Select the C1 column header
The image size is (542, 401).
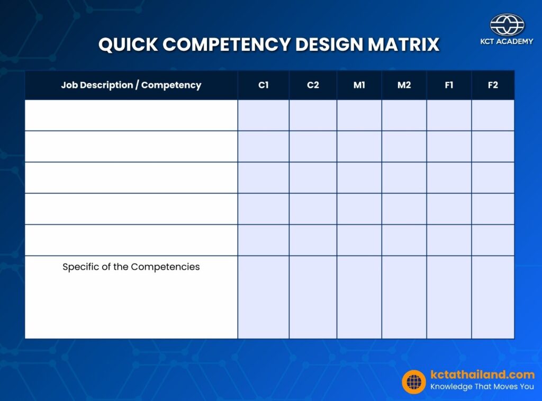pyautogui.click(x=263, y=85)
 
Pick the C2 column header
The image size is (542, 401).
pyautogui.click(x=313, y=85)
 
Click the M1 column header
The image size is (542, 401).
pyautogui.click(x=359, y=85)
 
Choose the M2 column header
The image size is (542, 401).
pyautogui.click(x=404, y=85)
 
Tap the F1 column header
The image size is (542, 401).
pyautogui.click(x=449, y=85)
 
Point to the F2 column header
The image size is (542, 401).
pyautogui.click(x=493, y=85)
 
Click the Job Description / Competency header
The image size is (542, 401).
pyautogui.click(x=131, y=85)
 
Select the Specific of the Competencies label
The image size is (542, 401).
pyautogui.click(x=131, y=267)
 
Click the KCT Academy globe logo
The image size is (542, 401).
pyautogui.click(x=507, y=24)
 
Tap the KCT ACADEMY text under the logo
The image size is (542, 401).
pyautogui.click(x=507, y=41)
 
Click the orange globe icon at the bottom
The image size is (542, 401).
pyautogui.click(x=414, y=381)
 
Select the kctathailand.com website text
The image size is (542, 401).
pyautogui.click(x=482, y=375)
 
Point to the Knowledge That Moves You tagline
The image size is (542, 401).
pyautogui.click(x=482, y=387)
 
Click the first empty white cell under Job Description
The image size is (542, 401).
pyautogui.click(x=131, y=115)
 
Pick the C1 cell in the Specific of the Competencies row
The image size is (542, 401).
pyautogui.click(x=263, y=297)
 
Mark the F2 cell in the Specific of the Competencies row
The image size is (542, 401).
pyautogui.click(x=493, y=297)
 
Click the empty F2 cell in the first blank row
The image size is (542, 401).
pyautogui.click(x=493, y=115)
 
